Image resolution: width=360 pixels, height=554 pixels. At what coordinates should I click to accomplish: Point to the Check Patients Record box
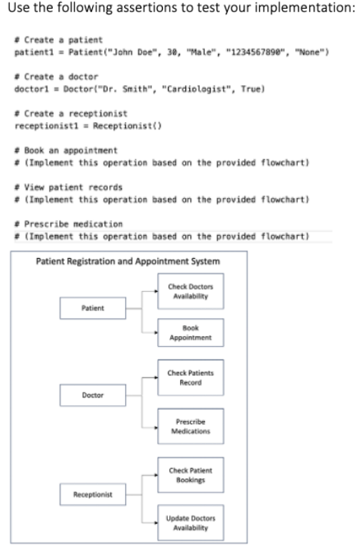tap(191, 378)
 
